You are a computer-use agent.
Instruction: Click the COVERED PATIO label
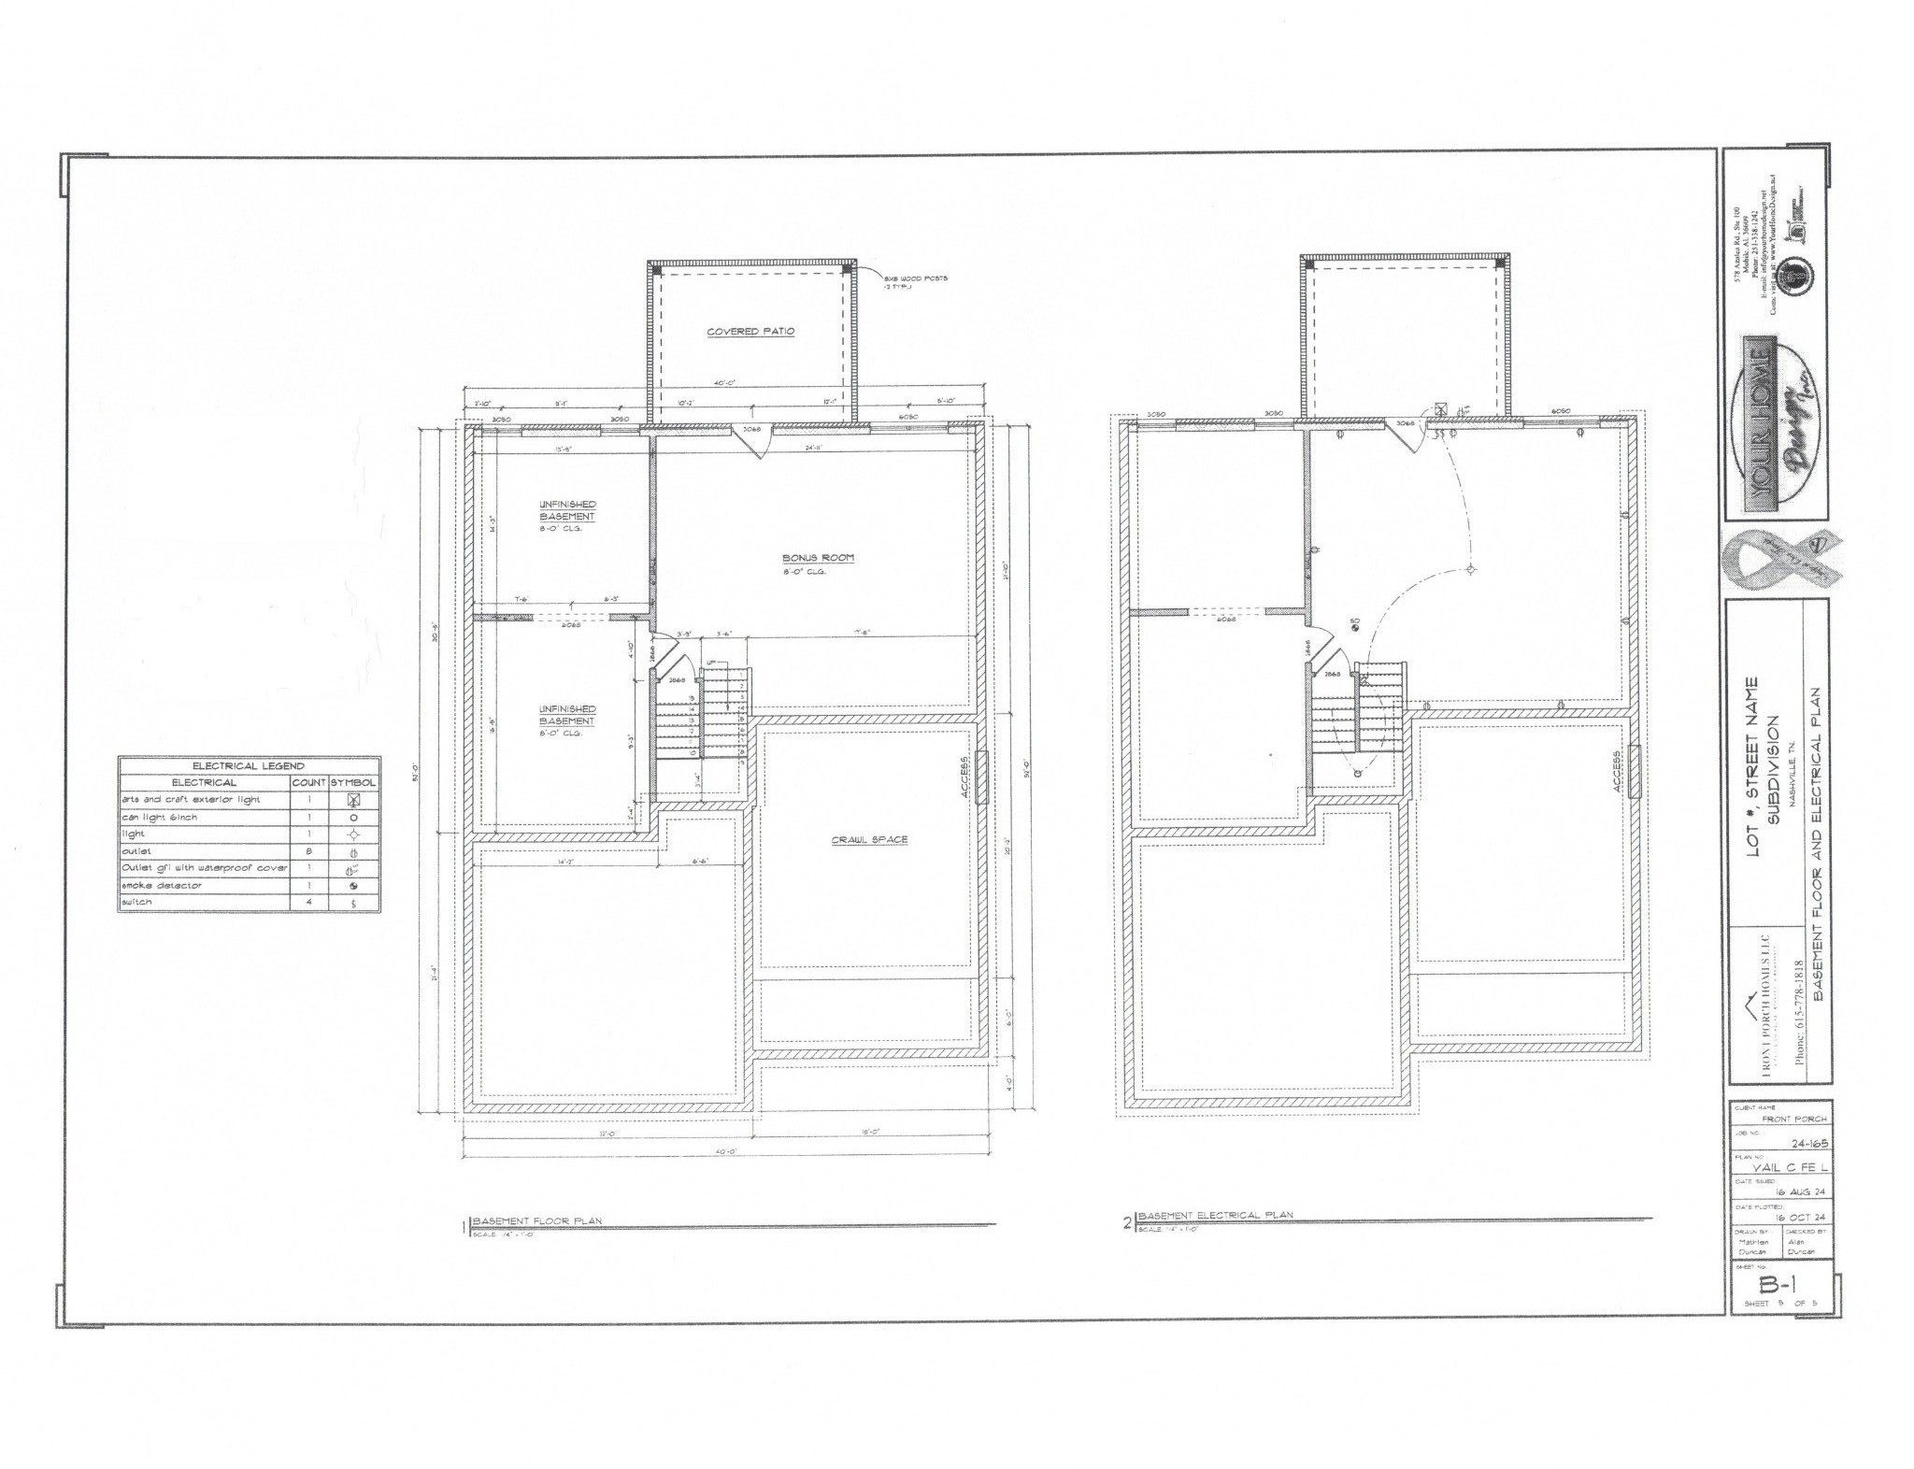tap(750, 332)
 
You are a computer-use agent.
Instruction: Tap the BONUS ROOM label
tap(819, 559)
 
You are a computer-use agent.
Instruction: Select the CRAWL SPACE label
tap(869, 839)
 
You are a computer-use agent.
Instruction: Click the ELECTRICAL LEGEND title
tap(249, 766)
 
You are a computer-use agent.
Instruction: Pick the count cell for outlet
tap(309, 852)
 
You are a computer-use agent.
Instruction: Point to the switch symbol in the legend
tap(352, 904)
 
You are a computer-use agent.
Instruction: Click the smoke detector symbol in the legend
tap(352, 886)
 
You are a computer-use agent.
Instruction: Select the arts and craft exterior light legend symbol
tap(352, 800)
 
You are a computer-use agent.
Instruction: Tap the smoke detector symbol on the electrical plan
tap(1354, 629)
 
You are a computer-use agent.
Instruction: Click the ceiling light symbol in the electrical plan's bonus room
tap(1470, 569)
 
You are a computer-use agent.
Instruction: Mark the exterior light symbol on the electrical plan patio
tap(1440, 409)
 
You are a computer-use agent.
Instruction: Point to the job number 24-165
tap(1803, 1143)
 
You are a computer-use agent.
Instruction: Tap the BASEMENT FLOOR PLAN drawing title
tap(537, 1221)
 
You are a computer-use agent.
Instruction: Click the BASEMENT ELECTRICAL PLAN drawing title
tap(1215, 1215)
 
